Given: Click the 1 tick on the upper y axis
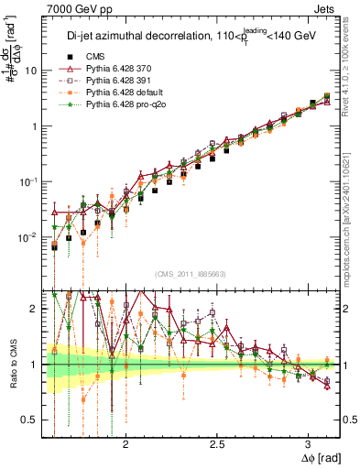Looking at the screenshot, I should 35,125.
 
